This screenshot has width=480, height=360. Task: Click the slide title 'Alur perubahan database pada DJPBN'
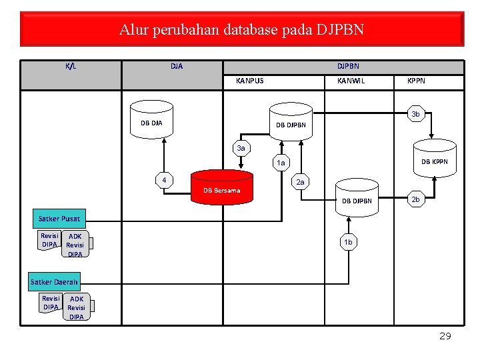(241, 30)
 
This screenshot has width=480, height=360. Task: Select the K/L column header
(71, 67)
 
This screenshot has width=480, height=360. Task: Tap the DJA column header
(176, 67)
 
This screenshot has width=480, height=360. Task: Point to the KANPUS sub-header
(250, 81)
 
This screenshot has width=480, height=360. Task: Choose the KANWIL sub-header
(351, 81)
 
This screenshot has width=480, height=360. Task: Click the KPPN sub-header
(416, 81)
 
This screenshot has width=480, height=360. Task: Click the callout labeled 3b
(415, 115)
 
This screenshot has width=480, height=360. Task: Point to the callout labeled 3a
(241, 148)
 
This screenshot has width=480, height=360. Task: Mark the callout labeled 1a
(281, 162)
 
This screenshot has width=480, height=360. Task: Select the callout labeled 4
(164, 180)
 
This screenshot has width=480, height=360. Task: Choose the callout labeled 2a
(300, 182)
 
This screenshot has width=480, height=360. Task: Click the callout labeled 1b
(347, 243)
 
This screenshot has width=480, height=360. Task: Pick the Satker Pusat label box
(59, 219)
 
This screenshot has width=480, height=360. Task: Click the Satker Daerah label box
(54, 281)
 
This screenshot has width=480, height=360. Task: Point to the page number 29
(445, 336)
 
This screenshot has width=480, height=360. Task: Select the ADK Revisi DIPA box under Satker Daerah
(77, 307)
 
